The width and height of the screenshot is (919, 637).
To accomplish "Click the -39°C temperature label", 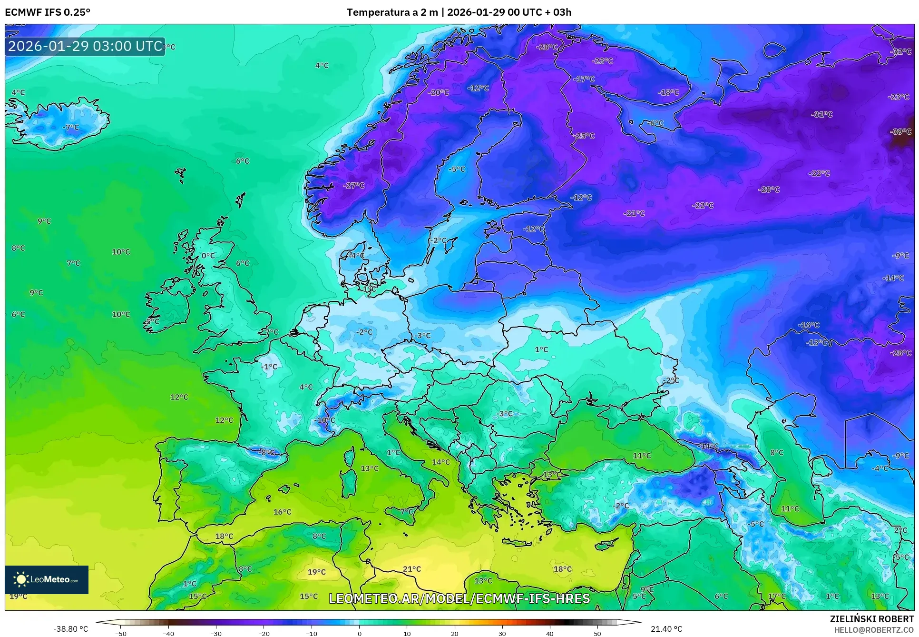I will point(901,132).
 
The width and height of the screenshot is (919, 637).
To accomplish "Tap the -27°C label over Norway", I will point(353,186).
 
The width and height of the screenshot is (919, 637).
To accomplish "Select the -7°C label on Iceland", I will point(71,128).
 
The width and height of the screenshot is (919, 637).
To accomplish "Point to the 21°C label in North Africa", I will point(411,569).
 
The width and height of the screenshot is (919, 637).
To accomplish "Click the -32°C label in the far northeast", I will point(901,52).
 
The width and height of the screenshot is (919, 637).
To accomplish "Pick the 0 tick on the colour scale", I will point(359,633).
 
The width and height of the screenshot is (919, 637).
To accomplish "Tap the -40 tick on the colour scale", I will point(168,633).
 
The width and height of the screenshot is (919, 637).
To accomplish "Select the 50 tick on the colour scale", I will point(597,633).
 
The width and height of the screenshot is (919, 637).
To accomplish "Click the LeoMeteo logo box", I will point(47,579).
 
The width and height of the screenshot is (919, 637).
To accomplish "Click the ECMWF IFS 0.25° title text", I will point(48,12).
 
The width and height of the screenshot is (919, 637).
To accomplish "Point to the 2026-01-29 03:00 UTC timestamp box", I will point(85,47).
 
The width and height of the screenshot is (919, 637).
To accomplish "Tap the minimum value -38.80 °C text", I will point(71,629).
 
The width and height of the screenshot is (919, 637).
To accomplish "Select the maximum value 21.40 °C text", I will point(666,629).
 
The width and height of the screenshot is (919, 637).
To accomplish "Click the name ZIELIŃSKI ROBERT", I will point(871,619).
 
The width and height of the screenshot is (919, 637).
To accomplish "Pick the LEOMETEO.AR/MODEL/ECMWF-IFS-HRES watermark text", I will point(459,598).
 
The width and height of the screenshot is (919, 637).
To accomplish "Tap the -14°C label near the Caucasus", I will point(708,446).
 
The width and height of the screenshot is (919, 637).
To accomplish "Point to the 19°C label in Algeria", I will point(316,572).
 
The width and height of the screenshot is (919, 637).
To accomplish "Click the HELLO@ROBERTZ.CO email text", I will point(874,630).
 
